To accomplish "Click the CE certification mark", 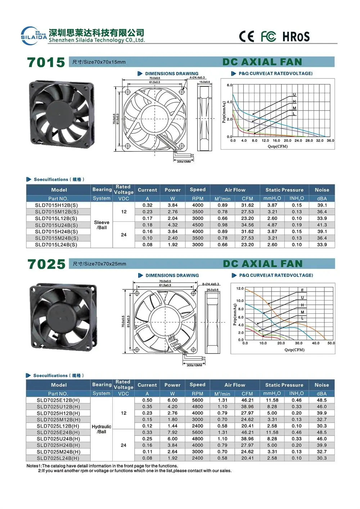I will tap(247, 36).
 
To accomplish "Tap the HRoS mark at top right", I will tap(296, 36).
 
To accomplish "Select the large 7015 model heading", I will tap(46, 62).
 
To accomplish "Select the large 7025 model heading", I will tap(46, 264).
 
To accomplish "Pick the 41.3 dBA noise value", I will tap(322, 225).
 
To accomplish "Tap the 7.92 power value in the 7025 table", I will tap(172, 432).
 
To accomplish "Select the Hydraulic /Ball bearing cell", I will tap(102, 429).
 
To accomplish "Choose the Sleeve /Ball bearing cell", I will tap(102, 225).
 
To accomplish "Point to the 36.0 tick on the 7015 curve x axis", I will tap(330, 141).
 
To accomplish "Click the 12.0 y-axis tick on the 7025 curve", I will tap(240, 289).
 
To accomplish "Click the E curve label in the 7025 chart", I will tap(302, 290).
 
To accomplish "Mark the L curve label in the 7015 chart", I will tap(294, 114).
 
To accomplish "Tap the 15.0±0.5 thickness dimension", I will tap(204, 82).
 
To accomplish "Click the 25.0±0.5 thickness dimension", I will tap(212, 290).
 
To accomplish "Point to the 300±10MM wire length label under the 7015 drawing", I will tap(184, 162).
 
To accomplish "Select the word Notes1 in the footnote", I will tap(34, 466).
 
